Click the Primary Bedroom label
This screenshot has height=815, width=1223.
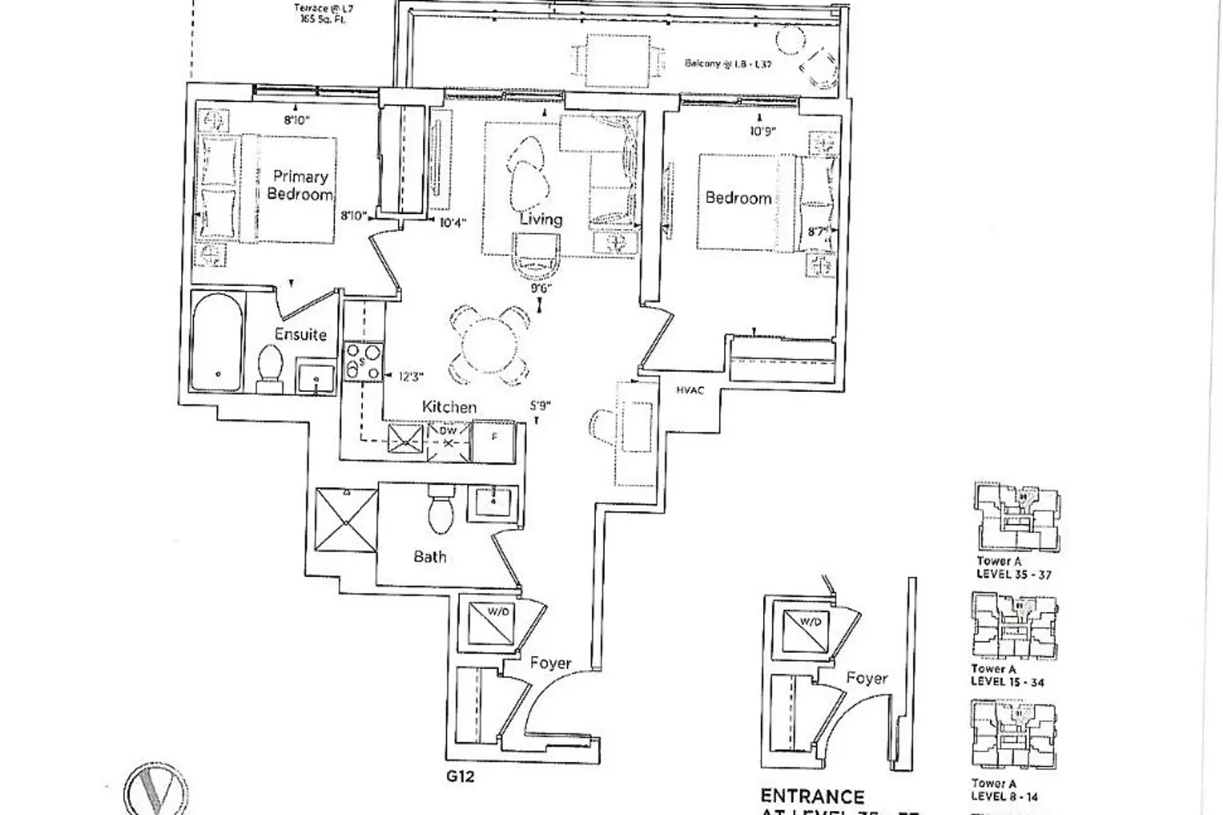coord(300,186)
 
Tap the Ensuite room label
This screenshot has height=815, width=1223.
coord(300,334)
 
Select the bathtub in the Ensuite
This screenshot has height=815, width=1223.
coord(218,342)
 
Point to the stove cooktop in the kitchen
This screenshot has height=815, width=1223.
coord(364,362)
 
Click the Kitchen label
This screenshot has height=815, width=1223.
coord(448,407)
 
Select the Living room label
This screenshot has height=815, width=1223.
coord(541,219)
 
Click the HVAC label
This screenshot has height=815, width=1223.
coord(690,390)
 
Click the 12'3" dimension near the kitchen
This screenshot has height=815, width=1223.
coord(411,377)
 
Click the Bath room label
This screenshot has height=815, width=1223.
coord(430,557)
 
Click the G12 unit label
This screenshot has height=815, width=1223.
coord(460,776)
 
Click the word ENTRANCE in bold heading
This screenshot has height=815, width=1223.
coord(811,795)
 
